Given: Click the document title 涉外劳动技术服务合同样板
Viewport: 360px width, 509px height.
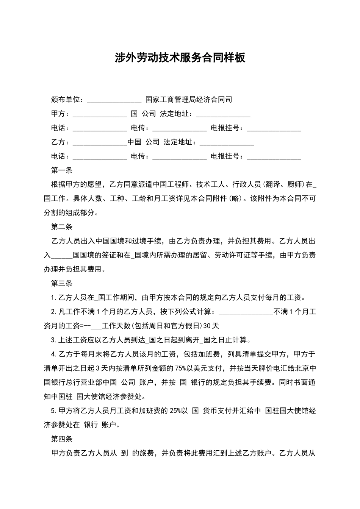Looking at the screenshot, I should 180,58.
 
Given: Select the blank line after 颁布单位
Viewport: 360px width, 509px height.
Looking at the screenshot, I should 114,101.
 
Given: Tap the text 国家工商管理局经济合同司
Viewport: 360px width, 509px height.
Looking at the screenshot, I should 188,100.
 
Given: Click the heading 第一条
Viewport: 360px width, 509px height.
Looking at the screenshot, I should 61,170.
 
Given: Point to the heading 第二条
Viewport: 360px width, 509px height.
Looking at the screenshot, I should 61,227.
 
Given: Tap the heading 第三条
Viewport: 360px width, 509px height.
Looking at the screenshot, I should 61,283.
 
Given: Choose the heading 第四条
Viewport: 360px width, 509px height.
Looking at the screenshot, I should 61,439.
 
